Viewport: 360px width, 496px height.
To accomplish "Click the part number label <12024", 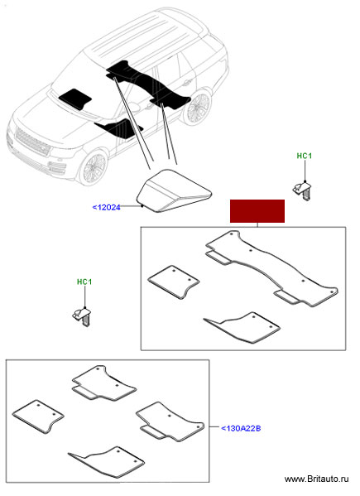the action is [106, 208].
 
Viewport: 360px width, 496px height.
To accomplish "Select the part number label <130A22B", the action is [241, 428].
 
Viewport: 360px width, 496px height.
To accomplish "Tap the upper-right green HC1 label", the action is [305, 156].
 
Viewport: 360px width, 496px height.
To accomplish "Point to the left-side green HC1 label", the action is [84, 282].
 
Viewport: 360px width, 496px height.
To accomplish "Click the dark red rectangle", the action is [257, 211].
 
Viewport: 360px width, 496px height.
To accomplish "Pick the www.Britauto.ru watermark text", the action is [316, 479].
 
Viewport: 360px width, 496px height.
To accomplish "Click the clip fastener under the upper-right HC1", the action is [302, 190].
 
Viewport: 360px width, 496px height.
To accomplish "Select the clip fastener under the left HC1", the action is [83, 316].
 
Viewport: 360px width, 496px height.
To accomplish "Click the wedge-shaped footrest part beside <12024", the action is [174, 190].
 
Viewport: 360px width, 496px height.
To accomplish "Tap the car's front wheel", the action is [93, 167].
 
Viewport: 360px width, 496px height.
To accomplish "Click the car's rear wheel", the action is [198, 107].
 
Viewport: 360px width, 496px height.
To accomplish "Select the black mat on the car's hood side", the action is [75, 99].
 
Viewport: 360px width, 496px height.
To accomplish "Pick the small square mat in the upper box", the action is [174, 282].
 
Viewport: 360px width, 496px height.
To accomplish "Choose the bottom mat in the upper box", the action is [242, 328].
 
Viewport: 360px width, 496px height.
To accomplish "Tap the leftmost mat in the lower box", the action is [38, 417].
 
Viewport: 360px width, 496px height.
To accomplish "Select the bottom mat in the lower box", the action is [106, 462].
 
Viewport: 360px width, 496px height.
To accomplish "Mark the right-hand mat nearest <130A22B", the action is [170, 421].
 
